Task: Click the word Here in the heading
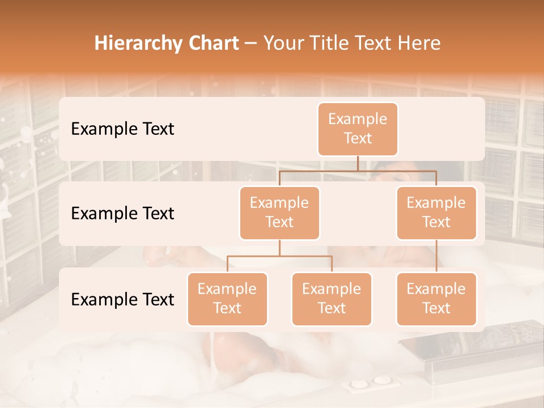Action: coord(418,44)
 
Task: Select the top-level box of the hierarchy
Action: coord(358,129)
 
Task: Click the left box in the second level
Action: coord(279,213)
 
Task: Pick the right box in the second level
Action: coord(436,213)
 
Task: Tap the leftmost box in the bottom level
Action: coord(227,299)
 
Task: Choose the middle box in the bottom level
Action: coord(331,299)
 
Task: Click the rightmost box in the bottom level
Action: coord(436,299)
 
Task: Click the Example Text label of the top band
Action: coord(122,129)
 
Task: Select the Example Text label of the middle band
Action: coord(122,214)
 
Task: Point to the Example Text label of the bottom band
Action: coord(122,299)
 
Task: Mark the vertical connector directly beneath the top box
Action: coord(358,163)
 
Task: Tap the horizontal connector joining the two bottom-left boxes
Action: coord(279,256)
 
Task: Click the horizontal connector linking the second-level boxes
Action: coord(358,170)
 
